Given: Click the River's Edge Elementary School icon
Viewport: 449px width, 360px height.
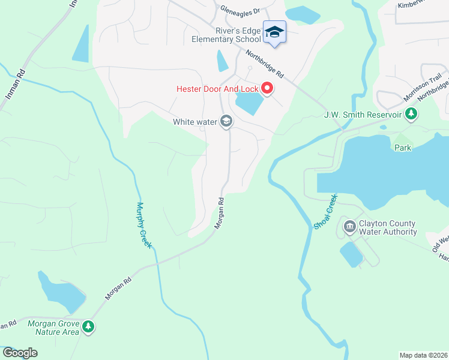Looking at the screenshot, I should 274,32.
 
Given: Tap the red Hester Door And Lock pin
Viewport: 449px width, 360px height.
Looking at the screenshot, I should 267,89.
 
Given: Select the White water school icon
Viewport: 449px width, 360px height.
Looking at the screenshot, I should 226,122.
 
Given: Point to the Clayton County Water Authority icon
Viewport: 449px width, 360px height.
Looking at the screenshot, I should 349,227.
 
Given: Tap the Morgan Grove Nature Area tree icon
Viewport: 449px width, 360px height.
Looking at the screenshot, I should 89,327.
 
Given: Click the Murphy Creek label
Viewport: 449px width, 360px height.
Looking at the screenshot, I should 144,225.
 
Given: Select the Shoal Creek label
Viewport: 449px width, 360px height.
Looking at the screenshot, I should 325,211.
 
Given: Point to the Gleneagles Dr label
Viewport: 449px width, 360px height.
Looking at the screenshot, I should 240,10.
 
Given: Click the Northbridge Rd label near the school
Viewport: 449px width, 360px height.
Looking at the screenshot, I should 264,63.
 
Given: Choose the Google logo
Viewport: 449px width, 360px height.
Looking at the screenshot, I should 20,353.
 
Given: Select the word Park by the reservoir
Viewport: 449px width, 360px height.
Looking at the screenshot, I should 403,148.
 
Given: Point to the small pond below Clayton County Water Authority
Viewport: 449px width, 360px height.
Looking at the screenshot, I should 352,255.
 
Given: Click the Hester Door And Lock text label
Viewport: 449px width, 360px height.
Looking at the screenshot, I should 217,89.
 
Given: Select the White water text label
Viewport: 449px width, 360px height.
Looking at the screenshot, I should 194,122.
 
